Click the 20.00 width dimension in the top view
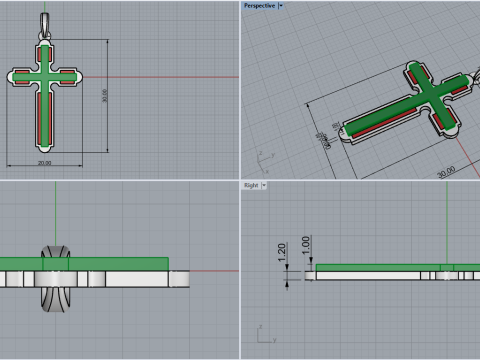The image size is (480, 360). pos(45,163)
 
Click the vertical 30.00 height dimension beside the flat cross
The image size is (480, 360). pos(105,95)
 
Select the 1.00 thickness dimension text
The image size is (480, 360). pos(306,243)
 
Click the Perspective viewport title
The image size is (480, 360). pos(258,5)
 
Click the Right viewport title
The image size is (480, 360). pos(251,186)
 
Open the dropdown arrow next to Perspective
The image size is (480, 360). pos(281,5)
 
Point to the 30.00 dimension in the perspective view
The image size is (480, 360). pos(446,170)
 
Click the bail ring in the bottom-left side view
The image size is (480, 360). pos(56,276)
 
